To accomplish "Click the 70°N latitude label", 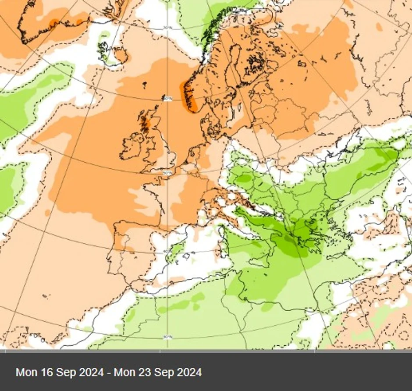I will click(167, 28).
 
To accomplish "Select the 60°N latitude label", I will click(167, 99).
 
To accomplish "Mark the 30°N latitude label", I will click(167, 337).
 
